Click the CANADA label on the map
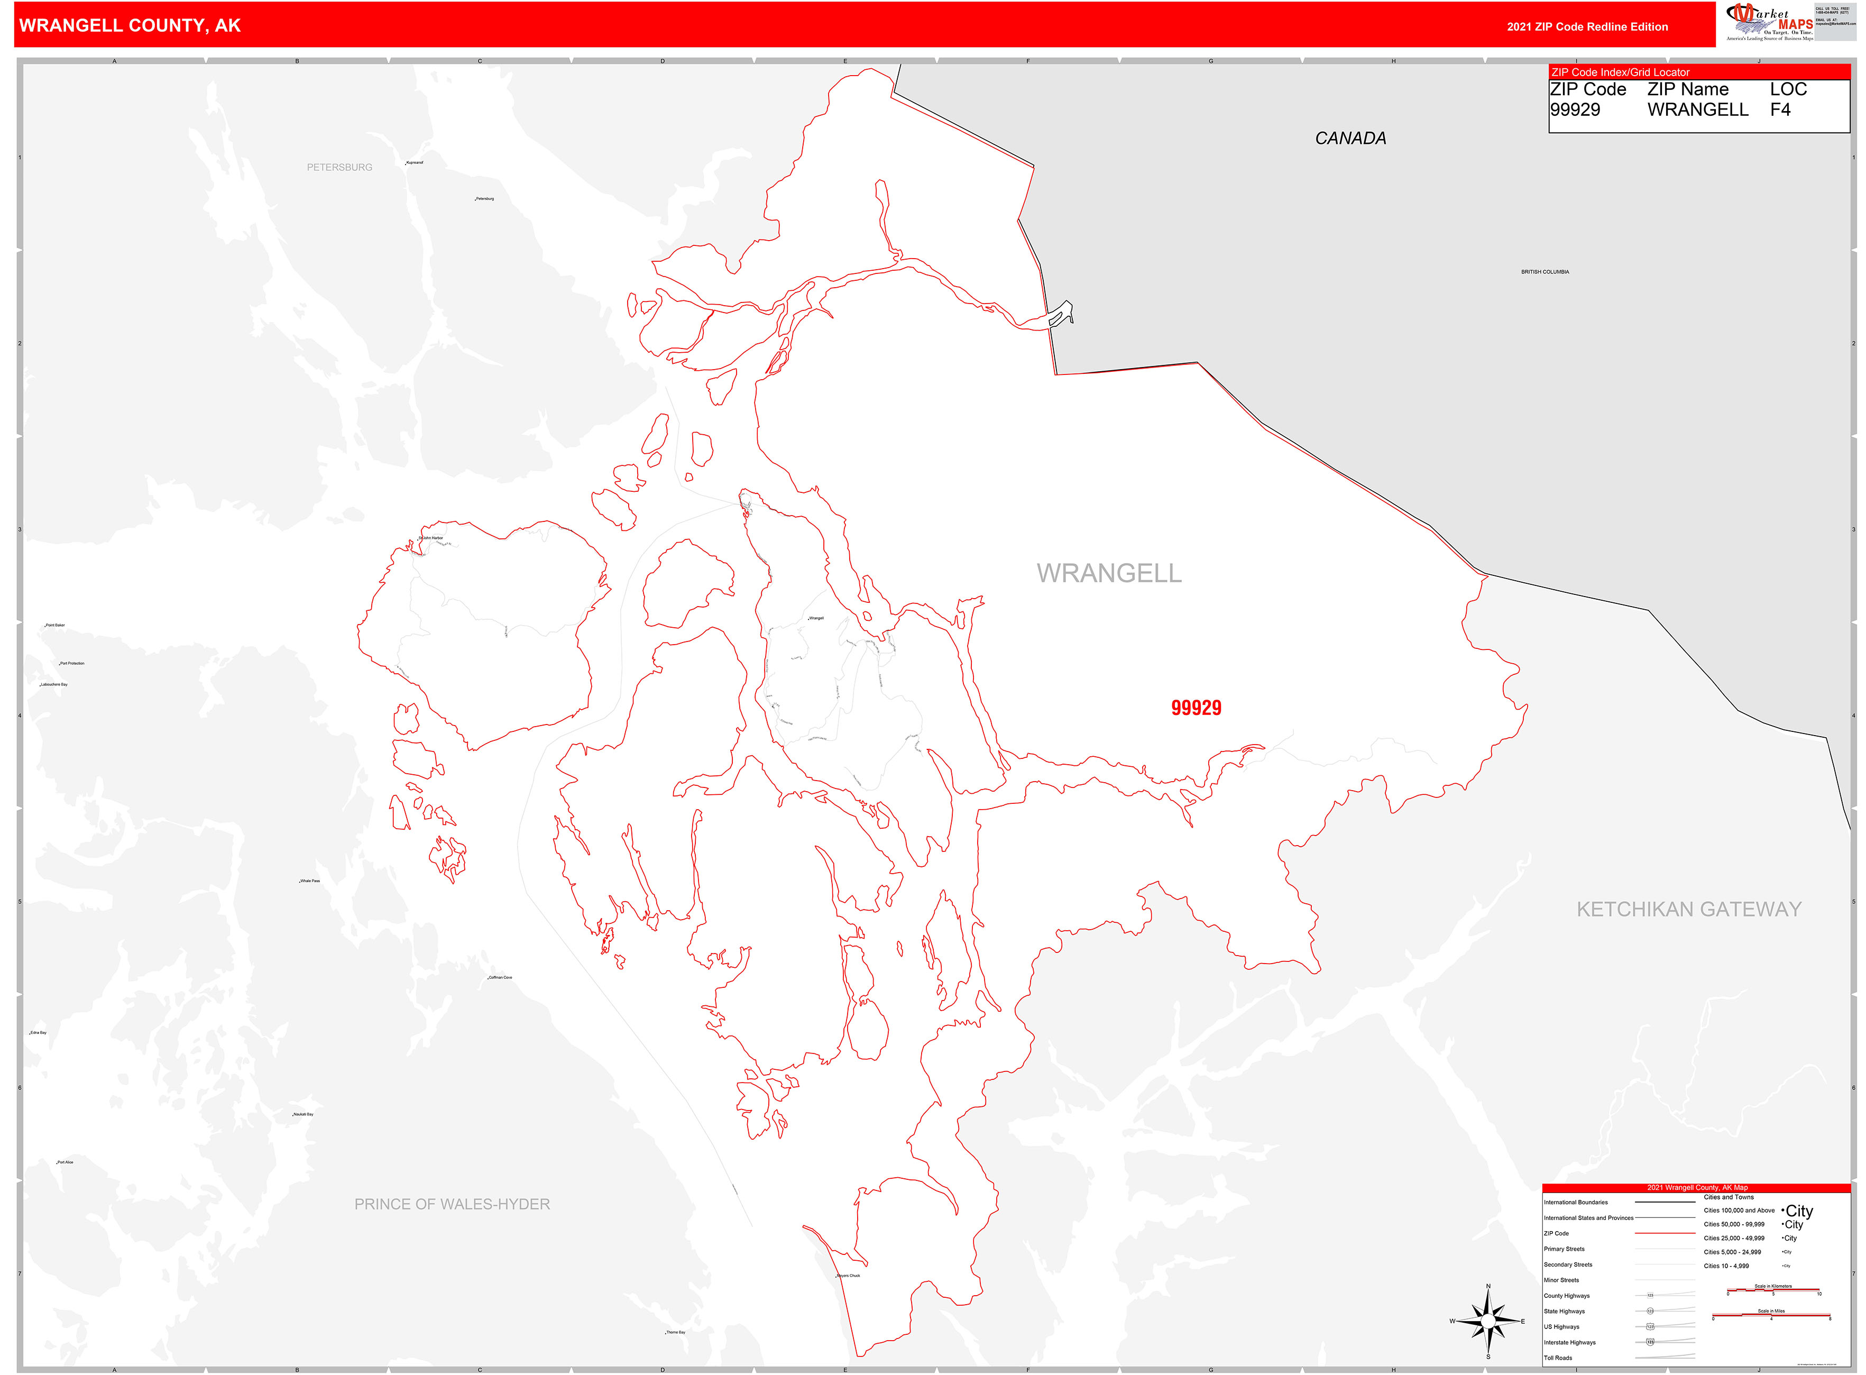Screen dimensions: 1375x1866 (1349, 138)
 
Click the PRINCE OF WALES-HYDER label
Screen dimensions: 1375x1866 (452, 1204)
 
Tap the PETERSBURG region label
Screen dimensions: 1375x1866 (339, 167)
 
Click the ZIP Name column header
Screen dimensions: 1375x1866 (1687, 89)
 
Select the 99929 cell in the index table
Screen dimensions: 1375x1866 (1574, 110)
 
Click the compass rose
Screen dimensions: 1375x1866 (1488, 1321)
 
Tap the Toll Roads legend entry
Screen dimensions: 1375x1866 (1558, 1358)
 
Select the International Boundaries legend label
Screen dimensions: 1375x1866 (1576, 1202)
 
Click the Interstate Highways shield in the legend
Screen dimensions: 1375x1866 (1650, 1342)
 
